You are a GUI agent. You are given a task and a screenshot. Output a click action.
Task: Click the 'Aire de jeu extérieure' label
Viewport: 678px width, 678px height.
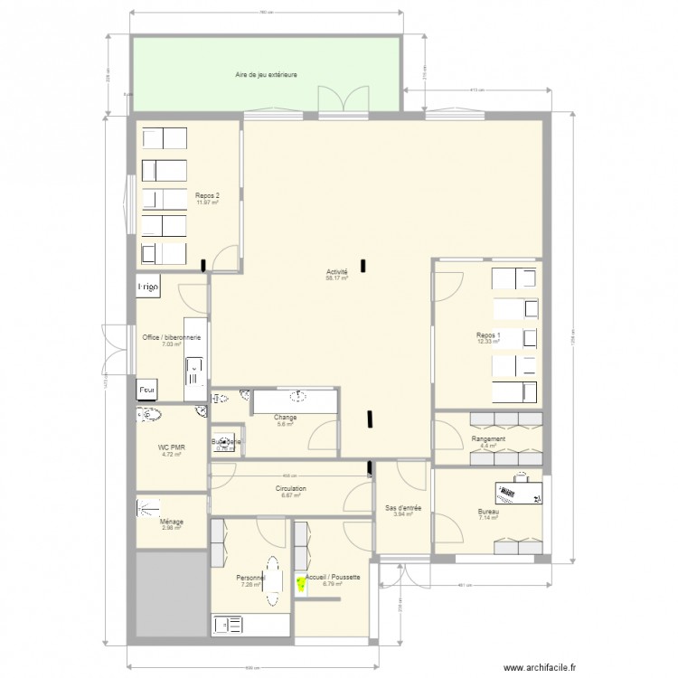coord(266,75)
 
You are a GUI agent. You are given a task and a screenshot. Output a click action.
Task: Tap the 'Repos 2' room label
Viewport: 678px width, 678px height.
coord(207,194)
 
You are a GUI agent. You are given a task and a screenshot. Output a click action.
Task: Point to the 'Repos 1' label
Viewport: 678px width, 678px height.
coord(488,334)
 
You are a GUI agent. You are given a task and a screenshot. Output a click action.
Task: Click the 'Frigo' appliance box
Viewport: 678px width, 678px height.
coord(148,287)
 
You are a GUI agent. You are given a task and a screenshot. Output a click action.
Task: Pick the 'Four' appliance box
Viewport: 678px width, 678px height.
coord(146,391)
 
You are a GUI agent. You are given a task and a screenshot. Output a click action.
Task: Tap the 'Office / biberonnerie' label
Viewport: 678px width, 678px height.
coord(171,337)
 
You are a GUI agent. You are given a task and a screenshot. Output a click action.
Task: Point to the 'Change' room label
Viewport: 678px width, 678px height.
coord(285,418)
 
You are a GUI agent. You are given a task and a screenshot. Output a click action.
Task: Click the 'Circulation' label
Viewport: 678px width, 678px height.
coord(291,489)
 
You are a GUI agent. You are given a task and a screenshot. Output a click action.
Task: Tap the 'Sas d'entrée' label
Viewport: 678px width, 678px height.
coord(399,508)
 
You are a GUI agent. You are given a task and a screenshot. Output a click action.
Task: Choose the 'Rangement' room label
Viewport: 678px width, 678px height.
coord(488,439)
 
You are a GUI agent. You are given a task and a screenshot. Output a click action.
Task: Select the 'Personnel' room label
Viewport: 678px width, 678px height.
coord(250,578)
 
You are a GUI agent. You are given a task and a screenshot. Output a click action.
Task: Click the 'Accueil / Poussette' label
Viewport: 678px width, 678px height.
coord(334,577)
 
